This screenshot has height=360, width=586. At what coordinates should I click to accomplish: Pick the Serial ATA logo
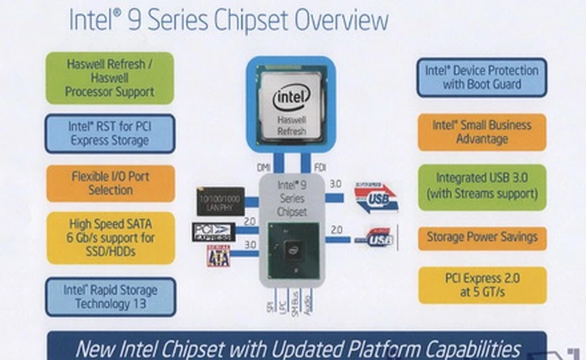coord(218,255)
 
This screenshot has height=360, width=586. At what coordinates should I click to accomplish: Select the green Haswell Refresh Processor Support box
coord(110,78)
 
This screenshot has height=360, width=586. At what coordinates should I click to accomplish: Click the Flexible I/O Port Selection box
coord(110,183)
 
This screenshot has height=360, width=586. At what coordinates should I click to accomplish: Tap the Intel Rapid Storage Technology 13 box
coord(110,296)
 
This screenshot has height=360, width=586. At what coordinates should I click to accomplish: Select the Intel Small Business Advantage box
coord(481,131)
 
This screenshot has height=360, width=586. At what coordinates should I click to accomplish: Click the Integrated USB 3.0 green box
coord(481,186)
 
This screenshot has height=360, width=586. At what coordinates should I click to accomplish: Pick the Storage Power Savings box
coord(481,238)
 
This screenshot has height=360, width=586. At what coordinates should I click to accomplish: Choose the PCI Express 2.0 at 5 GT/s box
coord(481,285)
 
